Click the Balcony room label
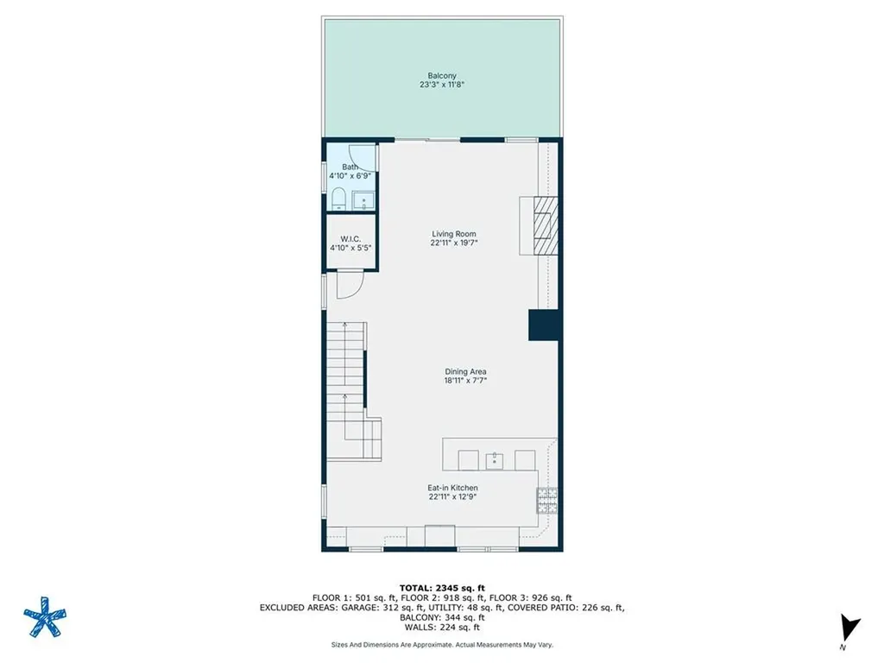point(441,76)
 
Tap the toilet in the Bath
point(338,199)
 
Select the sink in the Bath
point(363,200)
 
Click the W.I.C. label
point(350,239)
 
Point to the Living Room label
point(454,234)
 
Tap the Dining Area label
point(465,371)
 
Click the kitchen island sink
point(495,460)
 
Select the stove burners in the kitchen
point(546,501)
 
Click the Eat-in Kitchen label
point(452,488)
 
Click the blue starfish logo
point(45,616)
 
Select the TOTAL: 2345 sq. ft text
point(442,588)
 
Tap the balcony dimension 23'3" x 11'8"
point(441,85)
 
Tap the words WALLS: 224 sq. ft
point(442,627)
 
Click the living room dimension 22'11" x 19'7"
point(454,243)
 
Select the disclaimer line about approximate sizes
point(442,644)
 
